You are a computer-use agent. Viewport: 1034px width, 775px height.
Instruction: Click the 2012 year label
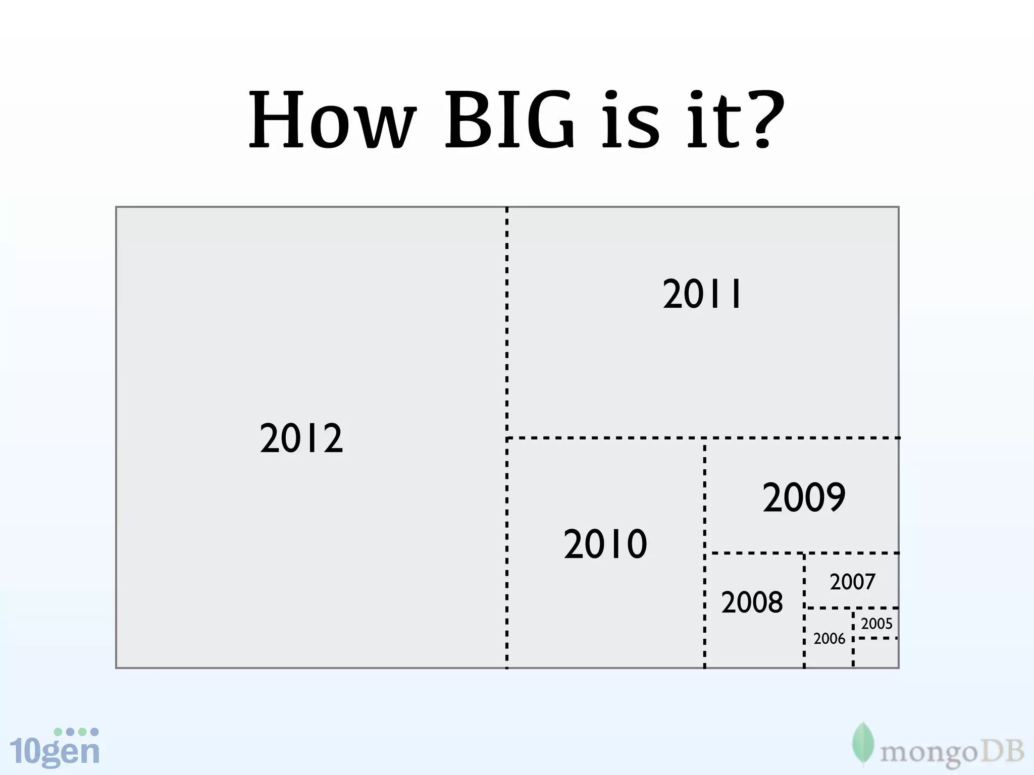pos(301,438)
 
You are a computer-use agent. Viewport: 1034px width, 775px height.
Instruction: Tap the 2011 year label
pos(702,294)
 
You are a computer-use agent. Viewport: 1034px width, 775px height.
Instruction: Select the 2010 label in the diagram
pos(605,544)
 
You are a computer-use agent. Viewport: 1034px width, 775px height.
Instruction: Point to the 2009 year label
pos(804,497)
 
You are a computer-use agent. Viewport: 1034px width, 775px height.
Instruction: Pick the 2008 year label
pos(752,602)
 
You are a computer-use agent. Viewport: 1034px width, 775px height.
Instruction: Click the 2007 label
pos(852,582)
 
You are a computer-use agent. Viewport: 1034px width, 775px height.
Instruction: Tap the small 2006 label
pos(829,639)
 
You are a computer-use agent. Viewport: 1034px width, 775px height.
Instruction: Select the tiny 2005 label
pos(876,624)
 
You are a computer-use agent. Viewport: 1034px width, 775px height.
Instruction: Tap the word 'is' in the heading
pos(631,121)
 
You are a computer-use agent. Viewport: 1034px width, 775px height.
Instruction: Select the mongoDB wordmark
pos(952,753)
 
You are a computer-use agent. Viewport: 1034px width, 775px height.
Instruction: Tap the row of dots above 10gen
pos(76,732)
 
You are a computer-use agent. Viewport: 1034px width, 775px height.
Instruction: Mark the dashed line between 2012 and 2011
pos(507,323)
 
